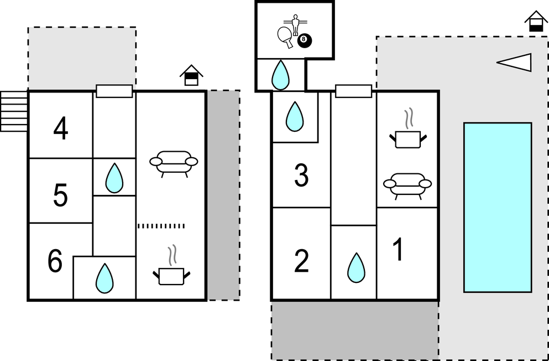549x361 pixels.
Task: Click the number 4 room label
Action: [x=61, y=130]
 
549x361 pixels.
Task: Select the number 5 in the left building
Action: [x=61, y=195]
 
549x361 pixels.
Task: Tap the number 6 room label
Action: [x=55, y=262]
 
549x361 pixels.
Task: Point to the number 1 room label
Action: [x=398, y=250]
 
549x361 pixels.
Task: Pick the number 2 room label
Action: [x=301, y=262]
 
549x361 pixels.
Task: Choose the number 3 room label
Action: [x=301, y=176]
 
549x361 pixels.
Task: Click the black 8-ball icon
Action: [x=304, y=40]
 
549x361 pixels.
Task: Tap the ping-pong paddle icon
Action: [x=285, y=35]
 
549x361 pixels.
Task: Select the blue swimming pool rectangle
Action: [x=497, y=207]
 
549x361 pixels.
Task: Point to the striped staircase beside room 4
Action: [x=14, y=111]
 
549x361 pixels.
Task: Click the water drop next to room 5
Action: [x=114, y=178]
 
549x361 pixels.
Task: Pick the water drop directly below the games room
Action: [x=281, y=75]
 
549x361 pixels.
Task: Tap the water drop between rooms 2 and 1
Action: [x=355, y=268]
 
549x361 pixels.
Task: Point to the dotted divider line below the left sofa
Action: [x=161, y=226]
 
